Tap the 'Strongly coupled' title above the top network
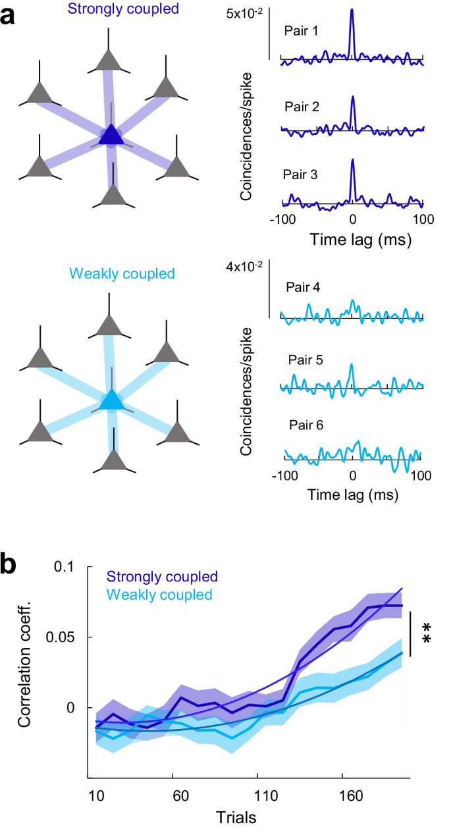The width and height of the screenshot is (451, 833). coord(111,10)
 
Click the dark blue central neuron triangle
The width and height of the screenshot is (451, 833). coord(111,135)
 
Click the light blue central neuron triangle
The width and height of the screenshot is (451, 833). coord(111,400)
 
